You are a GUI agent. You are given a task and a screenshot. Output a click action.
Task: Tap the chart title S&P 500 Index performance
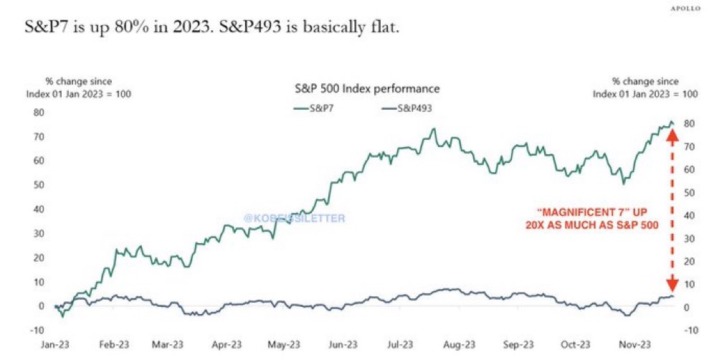coord(367,89)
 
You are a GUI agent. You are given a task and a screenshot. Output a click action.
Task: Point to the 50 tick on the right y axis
coord(689,193)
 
